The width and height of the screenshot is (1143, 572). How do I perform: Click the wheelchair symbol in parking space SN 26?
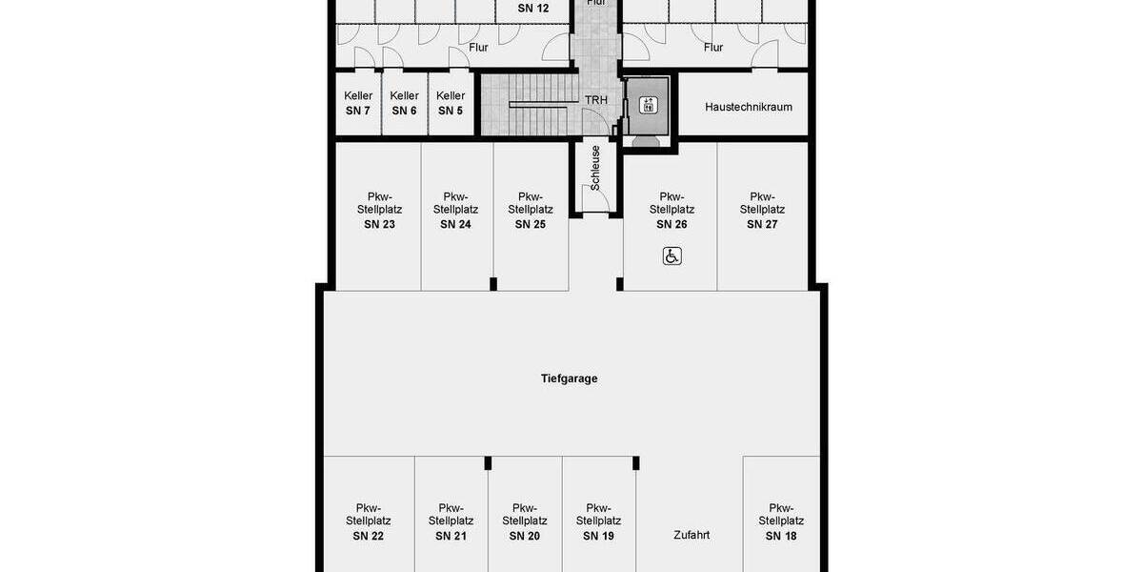672,255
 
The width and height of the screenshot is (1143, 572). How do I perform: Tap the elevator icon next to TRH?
649,105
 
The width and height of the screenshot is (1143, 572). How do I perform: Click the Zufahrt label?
691,535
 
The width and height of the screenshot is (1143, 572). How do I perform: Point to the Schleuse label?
595,169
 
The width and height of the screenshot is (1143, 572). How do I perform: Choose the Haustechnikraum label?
749,107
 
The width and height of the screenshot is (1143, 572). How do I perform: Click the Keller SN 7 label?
358,103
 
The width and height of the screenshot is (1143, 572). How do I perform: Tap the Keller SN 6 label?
405,103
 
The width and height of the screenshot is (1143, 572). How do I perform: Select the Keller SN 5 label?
451,103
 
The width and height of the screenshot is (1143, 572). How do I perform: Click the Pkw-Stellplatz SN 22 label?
368,521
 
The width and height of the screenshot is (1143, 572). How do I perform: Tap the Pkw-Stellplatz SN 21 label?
451,521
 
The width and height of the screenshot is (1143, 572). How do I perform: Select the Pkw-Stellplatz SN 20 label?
524,521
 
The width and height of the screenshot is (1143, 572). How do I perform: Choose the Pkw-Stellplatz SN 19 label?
598,521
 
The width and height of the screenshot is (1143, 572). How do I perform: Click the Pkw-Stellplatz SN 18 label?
781,521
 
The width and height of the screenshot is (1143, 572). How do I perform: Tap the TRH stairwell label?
596,99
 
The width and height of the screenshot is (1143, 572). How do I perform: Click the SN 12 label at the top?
533,8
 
